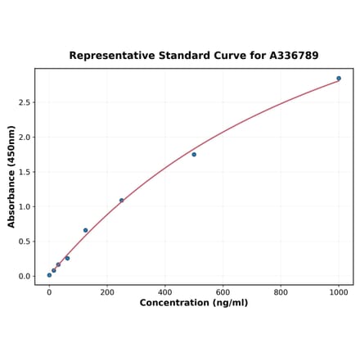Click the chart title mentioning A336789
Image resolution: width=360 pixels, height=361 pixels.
click(x=194, y=56)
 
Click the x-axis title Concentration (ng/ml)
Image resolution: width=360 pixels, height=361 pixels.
click(x=194, y=303)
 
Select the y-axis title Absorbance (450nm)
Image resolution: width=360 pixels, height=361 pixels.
click(x=11, y=176)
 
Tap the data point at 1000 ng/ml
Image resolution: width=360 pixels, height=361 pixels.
click(x=339, y=79)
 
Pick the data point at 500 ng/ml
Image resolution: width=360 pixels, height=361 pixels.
click(x=194, y=154)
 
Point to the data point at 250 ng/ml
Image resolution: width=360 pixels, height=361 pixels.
click(x=122, y=200)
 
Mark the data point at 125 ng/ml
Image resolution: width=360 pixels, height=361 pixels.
click(x=85, y=230)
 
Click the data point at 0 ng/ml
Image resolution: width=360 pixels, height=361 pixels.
click(x=49, y=275)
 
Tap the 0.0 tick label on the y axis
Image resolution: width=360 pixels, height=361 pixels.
click(x=23, y=276)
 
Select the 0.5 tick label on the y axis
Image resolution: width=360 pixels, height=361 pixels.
click(x=23, y=241)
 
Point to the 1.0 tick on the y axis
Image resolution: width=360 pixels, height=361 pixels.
click(x=23, y=206)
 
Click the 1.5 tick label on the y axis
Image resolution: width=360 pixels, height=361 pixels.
click(x=23, y=172)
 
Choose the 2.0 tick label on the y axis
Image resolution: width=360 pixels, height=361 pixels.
click(x=23, y=137)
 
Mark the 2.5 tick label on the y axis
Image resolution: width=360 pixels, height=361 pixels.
click(x=23, y=102)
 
